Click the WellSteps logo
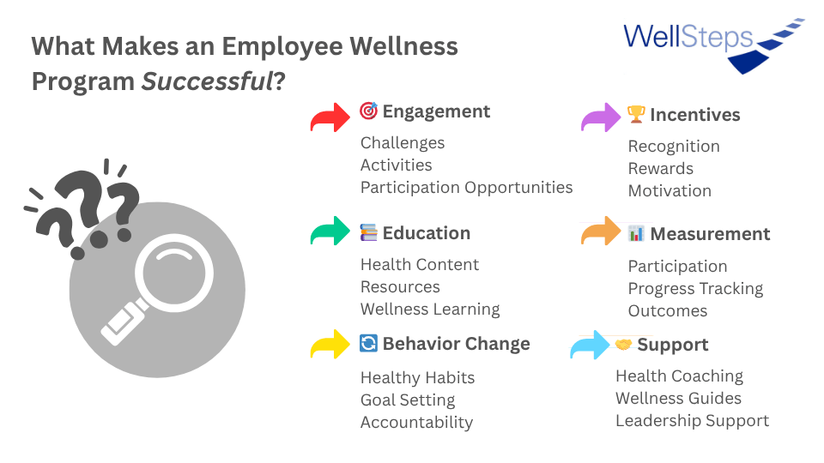pyautogui.click(x=713, y=45)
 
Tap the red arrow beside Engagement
pyautogui.click(x=330, y=117)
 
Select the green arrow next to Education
pyautogui.click(x=330, y=231)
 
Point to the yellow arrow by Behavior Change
pyautogui.click(x=330, y=345)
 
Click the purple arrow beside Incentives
pyautogui.click(x=601, y=117)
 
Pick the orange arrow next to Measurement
pyautogui.click(x=601, y=231)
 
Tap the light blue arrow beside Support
pyautogui.click(x=591, y=345)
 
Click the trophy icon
pyautogui.click(x=636, y=114)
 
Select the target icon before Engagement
pyautogui.click(x=369, y=111)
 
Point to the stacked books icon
pyautogui.click(x=368, y=232)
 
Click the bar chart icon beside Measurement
pyautogui.click(x=636, y=233)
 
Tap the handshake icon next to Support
pyautogui.click(x=623, y=345)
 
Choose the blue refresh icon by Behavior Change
pyautogui.click(x=368, y=343)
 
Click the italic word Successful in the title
pyautogui.click(x=208, y=81)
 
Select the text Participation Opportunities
pyautogui.click(x=467, y=188)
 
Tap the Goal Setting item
pyautogui.click(x=408, y=400)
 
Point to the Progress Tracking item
pyautogui.click(x=696, y=289)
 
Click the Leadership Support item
pyautogui.click(x=692, y=420)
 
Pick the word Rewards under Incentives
pyautogui.click(x=661, y=169)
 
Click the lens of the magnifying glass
pyautogui.click(x=174, y=274)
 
